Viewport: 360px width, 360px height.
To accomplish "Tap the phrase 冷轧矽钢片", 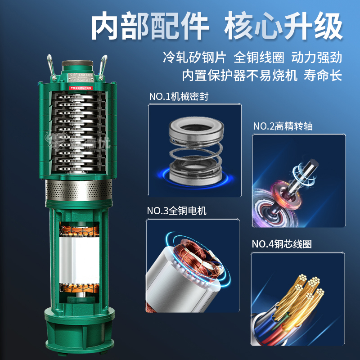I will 194,58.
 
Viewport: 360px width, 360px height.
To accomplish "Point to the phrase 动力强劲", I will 316,58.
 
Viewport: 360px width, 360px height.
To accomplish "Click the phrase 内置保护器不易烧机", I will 239,75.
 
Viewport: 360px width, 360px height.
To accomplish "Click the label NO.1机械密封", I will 178,96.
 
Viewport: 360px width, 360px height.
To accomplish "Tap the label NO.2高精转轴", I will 282,126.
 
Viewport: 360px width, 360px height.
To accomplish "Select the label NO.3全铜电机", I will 176,211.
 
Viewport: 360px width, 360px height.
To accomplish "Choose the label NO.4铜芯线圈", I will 282,244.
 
